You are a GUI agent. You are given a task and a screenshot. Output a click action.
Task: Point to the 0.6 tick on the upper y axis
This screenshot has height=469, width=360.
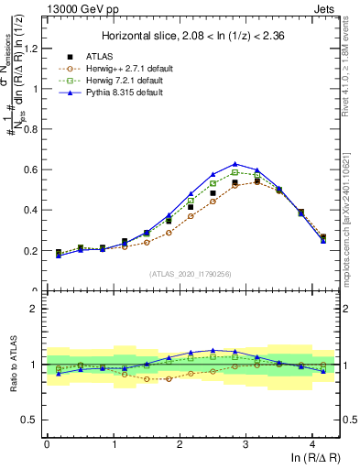tap(31, 169)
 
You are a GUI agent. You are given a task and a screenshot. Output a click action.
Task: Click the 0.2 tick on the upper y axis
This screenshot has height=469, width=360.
tap(31, 250)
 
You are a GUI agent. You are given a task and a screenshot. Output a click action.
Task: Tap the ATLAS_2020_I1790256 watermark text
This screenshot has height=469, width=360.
tap(191, 273)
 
